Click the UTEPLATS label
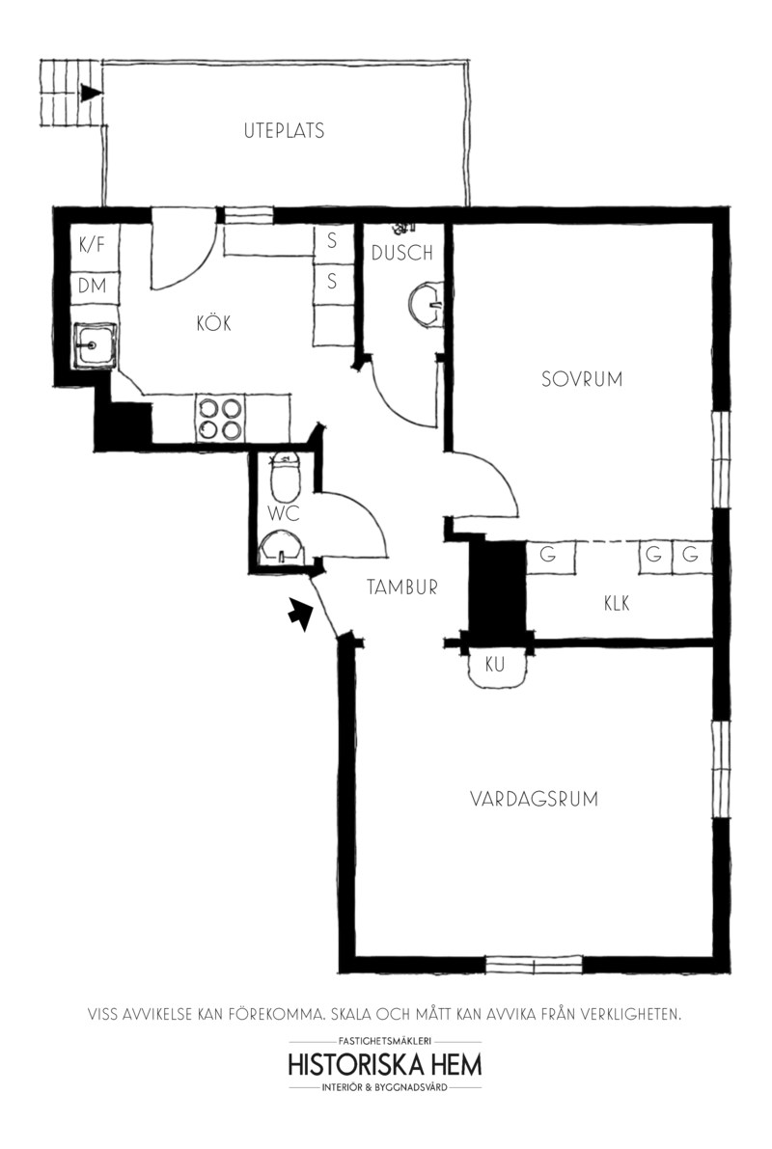tap(284, 131)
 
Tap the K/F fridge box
tap(94, 245)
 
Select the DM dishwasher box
tap(94, 286)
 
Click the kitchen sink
tap(93, 344)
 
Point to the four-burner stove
tap(220, 419)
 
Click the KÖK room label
tap(213, 323)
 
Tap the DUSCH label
tap(401, 254)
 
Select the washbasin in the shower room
tap(426, 303)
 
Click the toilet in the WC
tap(286, 477)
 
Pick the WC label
tap(283, 513)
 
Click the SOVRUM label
tap(581, 379)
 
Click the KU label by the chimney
tap(495, 665)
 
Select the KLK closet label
tap(617, 603)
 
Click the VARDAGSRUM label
tap(534, 799)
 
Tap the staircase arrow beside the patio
tap(91, 93)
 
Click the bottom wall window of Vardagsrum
tap(534, 965)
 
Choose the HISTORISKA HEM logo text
tap(385, 1064)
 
